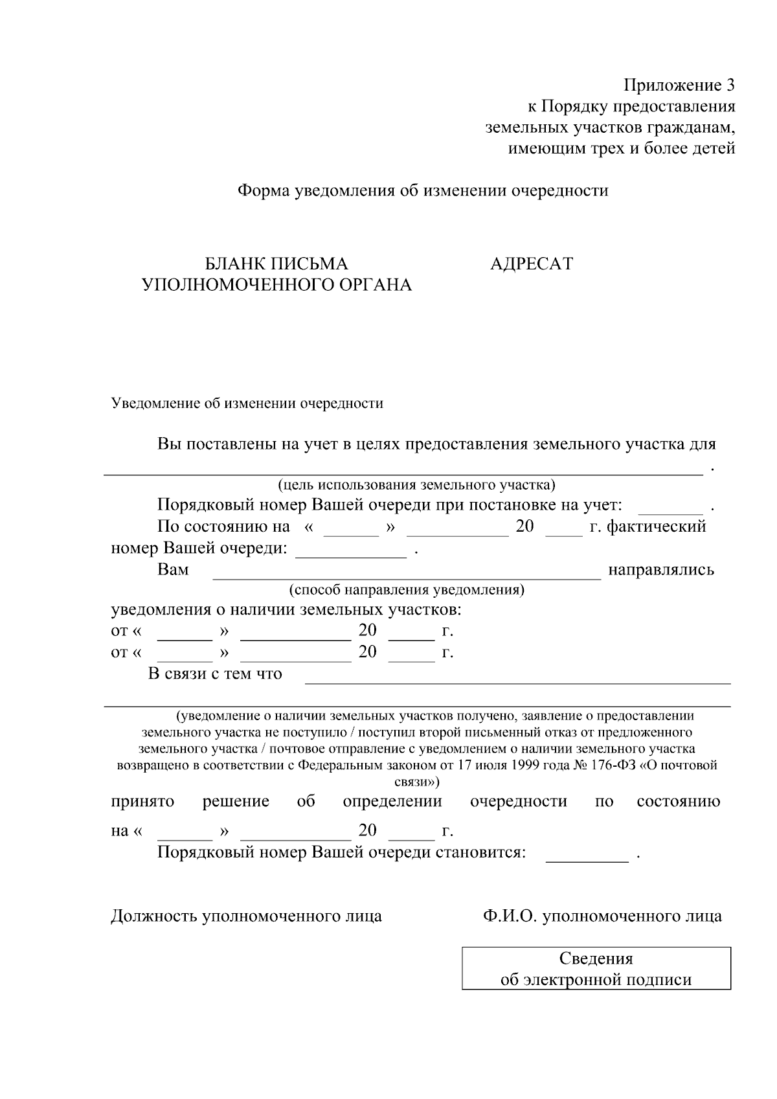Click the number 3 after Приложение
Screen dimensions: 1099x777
pyautogui.click(x=730, y=85)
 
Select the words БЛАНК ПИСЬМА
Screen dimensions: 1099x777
pyautogui.click(x=276, y=264)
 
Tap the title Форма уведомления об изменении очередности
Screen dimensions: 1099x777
pyautogui.click(x=423, y=190)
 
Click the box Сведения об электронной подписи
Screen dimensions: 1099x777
pyautogui.click(x=596, y=968)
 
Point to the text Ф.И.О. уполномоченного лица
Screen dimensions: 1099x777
pyautogui.click(x=602, y=916)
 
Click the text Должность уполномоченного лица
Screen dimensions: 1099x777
pyautogui.click(x=246, y=916)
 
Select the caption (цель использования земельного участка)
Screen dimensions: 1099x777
pyautogui.click(x=416, y=484)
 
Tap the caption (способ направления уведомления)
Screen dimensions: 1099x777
pyautogui.click(x=407, y=590)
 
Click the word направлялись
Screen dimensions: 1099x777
pyautogui.click(x=660, y=570)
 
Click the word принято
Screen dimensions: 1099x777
pyautogui.click(x=142, y=802)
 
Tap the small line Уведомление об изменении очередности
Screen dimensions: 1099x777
pyautogui.click(x=247, y=403)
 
